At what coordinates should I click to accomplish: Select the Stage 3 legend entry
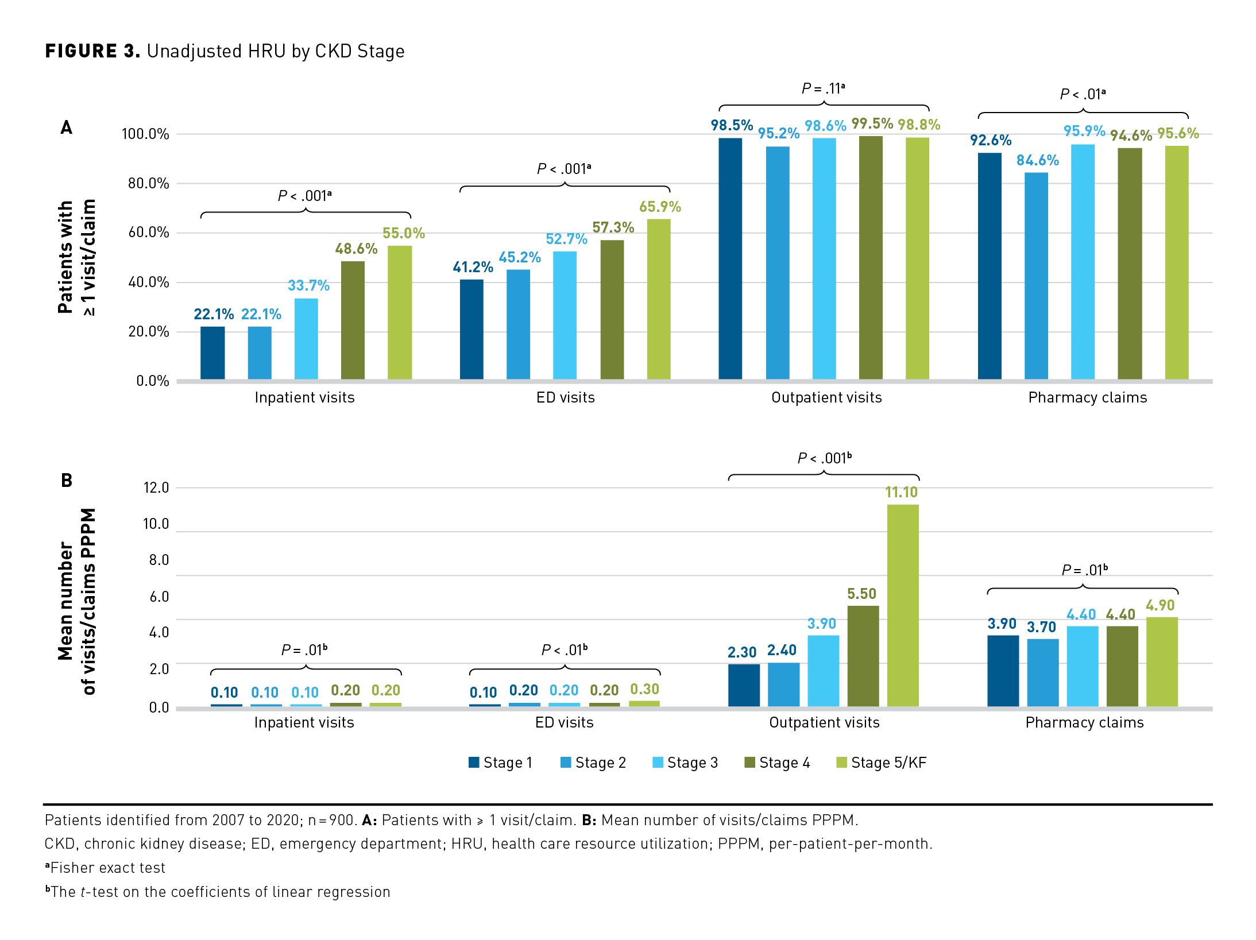tap(686, 763)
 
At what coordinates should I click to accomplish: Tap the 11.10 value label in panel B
tap(901, 492)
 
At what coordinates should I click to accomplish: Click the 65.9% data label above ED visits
tap(660, 207)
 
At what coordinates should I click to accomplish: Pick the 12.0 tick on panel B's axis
tap(156, 488)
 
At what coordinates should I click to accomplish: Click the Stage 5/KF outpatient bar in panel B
tap(903, 605)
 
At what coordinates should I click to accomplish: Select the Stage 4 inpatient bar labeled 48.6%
tap(353, 320)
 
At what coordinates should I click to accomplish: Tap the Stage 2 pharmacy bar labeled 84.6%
tap(1036, 276)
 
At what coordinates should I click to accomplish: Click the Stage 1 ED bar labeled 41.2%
tap(472, 329)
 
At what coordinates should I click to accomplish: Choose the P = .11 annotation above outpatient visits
tap(824, 88)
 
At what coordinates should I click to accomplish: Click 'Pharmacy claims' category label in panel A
tap(1087, 397)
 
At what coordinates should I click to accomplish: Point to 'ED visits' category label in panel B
tap(564, 722)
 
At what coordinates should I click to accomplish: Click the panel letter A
tap(67, 127)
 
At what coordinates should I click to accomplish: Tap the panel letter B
tap(67, 480)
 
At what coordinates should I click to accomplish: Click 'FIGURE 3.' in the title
tap(92, 51)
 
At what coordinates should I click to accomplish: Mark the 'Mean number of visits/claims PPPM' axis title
tap(76, 601)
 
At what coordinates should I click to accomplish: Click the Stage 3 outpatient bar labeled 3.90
tap(823, 671)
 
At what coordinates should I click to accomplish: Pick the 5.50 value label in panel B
tap(861, 594)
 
